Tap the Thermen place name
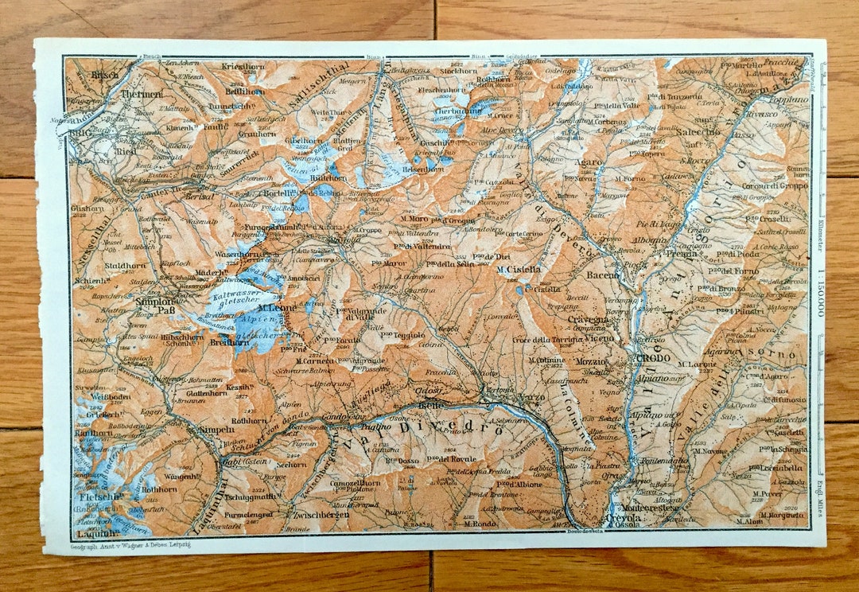(143, 94)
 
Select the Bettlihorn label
(244, 91)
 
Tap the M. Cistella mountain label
(519, 269)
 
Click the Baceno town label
(604, 275)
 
